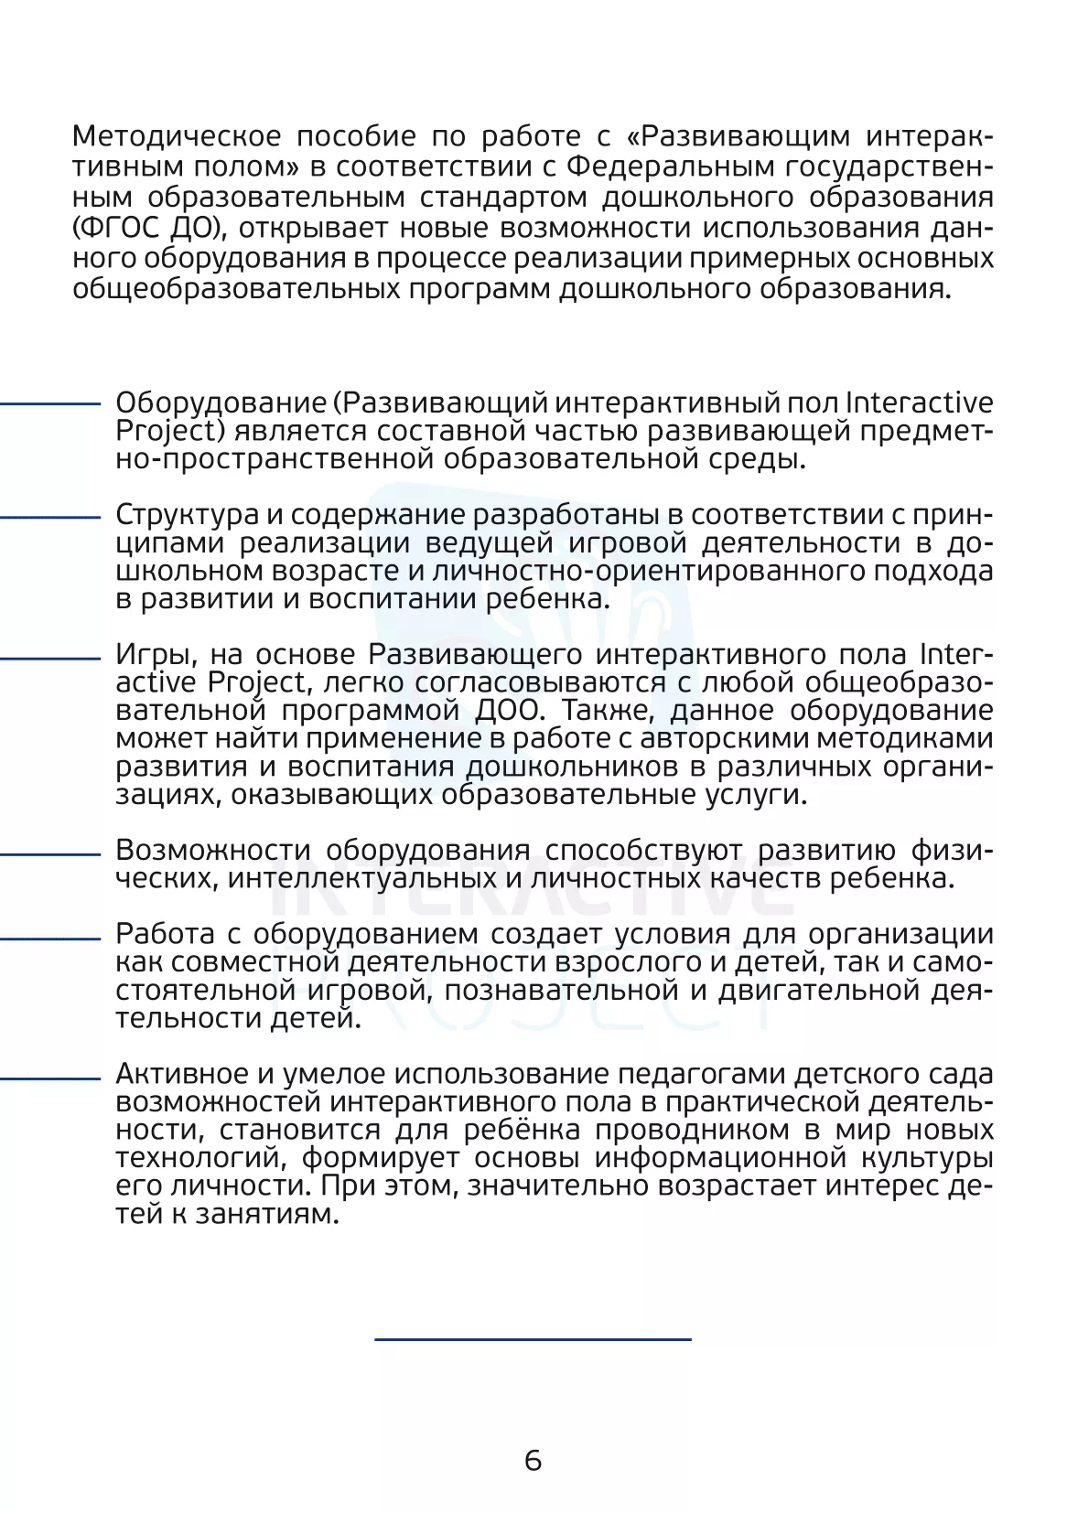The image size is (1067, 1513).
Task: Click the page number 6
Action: pyautogui.click(x=533, y=1460)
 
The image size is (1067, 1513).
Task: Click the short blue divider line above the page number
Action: pyautogui.click(x=533, y=1339)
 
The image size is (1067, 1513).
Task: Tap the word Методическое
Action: pyautogui.click(x=177, y=136)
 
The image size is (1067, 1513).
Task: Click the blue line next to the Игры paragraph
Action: pyautogui.click(x=50, y=658)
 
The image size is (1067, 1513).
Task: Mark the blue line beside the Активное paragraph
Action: pyautogui.click(x=50, y=1078)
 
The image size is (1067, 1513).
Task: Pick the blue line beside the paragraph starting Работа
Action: pyautogui.click(x=50, y=938)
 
